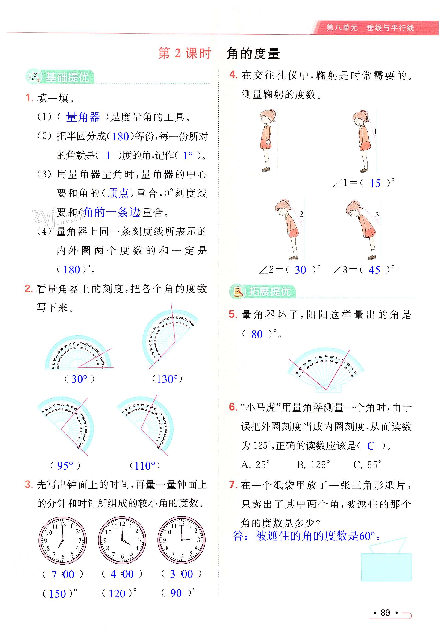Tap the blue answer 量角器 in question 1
pos(83,117)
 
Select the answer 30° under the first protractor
pos(80,379)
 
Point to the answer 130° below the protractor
pos(167,379)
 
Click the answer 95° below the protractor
pos(65,466)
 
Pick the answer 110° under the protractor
pos(145,466)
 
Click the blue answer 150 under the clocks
pos(57,594)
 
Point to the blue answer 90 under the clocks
pos(176,593)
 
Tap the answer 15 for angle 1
pos(375,183)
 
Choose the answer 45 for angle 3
pos(374,270)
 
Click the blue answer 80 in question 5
pos(257,334)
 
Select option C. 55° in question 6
pos(367,465)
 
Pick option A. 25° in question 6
pos(255,465)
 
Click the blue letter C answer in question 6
pos(371,446)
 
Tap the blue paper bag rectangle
pos(386,567)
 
